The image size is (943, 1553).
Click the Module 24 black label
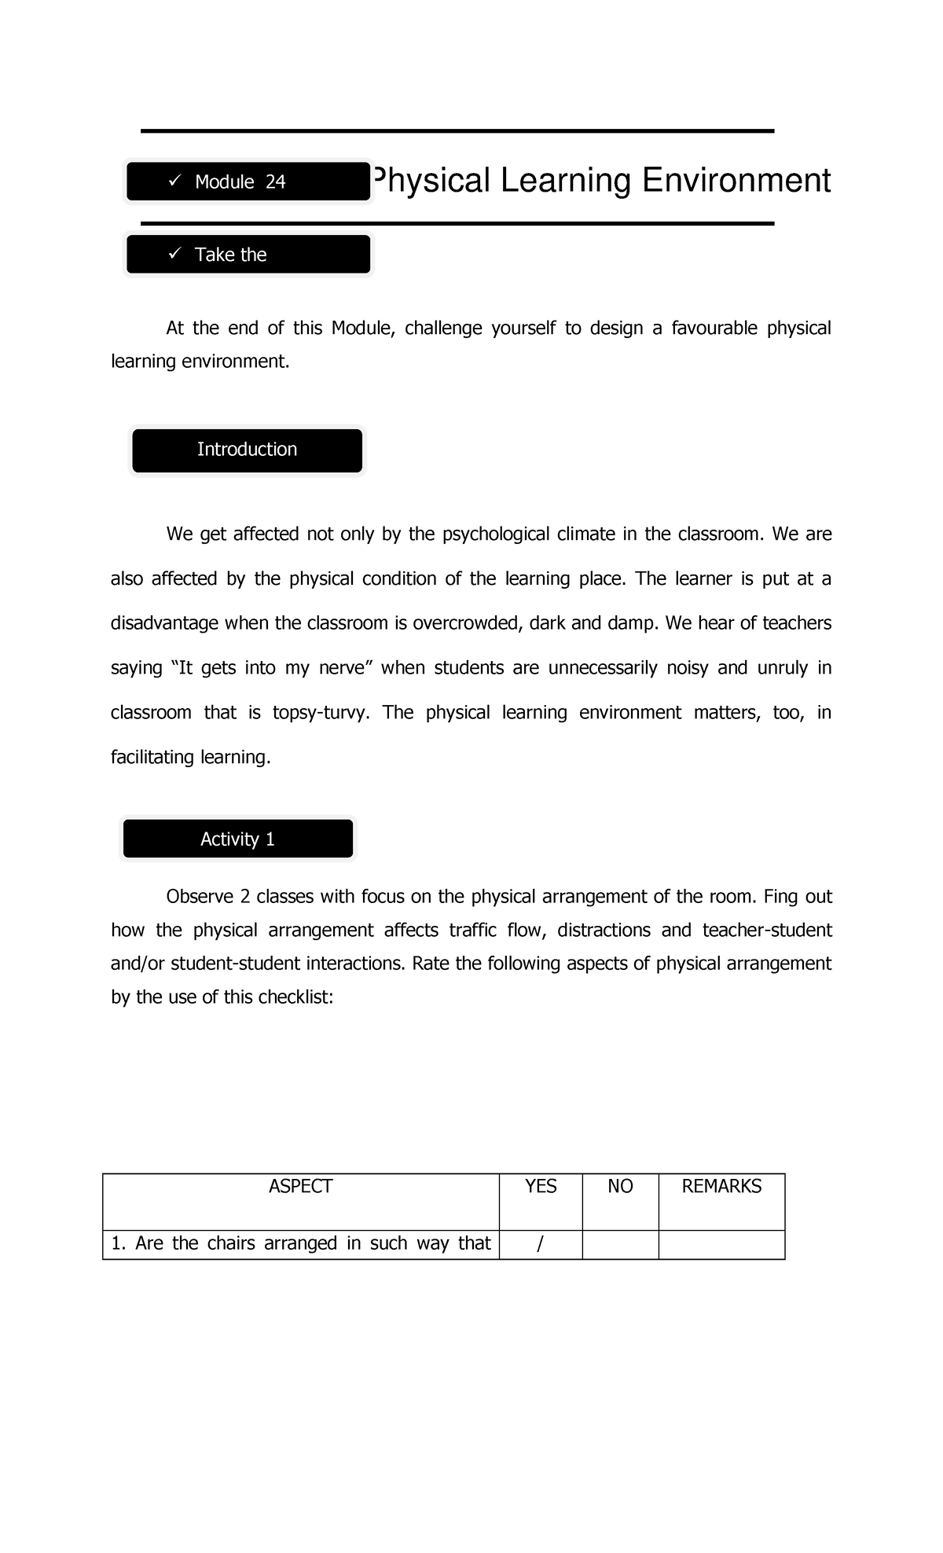point(248,182)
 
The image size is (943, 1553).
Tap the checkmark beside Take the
point(174,253)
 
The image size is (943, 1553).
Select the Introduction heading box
point(247,450)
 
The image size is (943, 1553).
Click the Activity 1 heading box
point(237,839)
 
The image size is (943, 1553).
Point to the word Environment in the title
point(736,181)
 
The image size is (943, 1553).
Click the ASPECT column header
point(300,1187)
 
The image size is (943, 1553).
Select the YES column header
point(541,1187)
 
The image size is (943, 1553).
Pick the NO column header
point(620,1187)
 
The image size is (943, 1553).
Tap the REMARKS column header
point(721,1187)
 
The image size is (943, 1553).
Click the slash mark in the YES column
point(539,1245)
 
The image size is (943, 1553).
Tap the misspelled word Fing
point(780,897)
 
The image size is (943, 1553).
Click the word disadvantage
point(165,624)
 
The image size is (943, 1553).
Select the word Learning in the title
point(566,181)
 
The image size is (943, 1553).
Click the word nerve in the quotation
point(344,668)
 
